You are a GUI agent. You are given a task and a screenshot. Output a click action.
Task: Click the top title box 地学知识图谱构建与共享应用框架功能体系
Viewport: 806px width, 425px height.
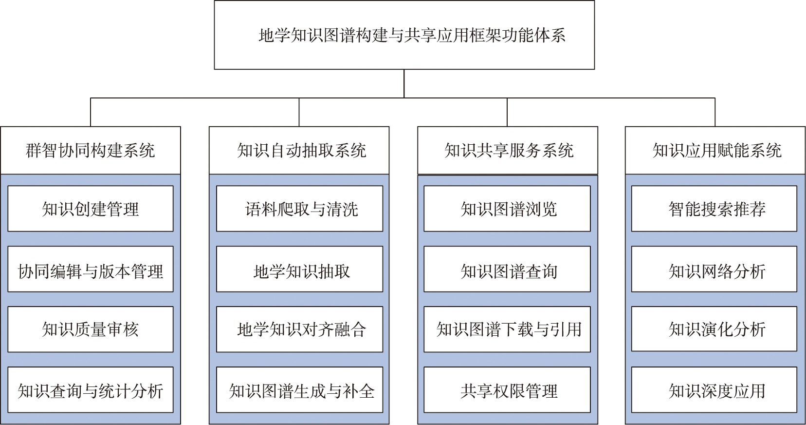coord(404,35)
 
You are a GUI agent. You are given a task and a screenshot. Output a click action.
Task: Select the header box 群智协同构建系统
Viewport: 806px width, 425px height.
coord(91,150)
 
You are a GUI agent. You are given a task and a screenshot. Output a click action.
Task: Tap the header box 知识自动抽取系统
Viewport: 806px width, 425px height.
coord(299,150)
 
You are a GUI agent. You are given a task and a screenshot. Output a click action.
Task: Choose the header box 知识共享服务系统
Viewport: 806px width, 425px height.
coord(507,150)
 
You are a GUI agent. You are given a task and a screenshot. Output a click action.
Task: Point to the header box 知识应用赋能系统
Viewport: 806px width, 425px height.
coord(715,150)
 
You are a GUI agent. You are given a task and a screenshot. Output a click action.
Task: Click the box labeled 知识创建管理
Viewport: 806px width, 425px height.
coord(91,209)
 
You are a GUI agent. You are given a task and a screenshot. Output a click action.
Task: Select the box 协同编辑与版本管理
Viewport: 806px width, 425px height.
coord(91,269)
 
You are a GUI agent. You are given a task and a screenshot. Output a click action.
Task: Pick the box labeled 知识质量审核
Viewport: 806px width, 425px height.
coord(91,329)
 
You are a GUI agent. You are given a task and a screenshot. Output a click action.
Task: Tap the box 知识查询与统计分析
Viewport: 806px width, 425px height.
coord(91,390)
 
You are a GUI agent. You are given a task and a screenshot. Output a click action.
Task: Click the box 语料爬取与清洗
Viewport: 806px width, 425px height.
coord(299,209)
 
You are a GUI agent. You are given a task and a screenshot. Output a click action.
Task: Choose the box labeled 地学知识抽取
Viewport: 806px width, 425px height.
coord(299,269)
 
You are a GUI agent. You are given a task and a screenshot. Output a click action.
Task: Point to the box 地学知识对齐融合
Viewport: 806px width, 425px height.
coord(299,329)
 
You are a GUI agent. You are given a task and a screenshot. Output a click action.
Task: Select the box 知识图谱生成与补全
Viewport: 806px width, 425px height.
coord(299,390)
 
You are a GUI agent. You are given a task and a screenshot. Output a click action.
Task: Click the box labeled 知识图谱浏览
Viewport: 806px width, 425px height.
coord(507,209)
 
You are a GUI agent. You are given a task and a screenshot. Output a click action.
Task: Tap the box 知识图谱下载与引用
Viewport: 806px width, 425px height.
coord(507,329)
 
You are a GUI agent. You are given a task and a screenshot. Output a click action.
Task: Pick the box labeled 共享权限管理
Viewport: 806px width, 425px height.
coord(507,390)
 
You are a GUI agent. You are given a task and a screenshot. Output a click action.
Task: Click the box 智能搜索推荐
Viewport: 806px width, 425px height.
coord(714,209)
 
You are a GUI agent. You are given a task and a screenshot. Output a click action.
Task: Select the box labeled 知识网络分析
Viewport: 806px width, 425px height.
coord(714,269)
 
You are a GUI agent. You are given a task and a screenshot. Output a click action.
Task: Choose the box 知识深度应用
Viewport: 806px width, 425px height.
coord(714,390)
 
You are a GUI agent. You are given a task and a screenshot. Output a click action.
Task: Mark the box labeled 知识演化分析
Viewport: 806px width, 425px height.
coord(714,329)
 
